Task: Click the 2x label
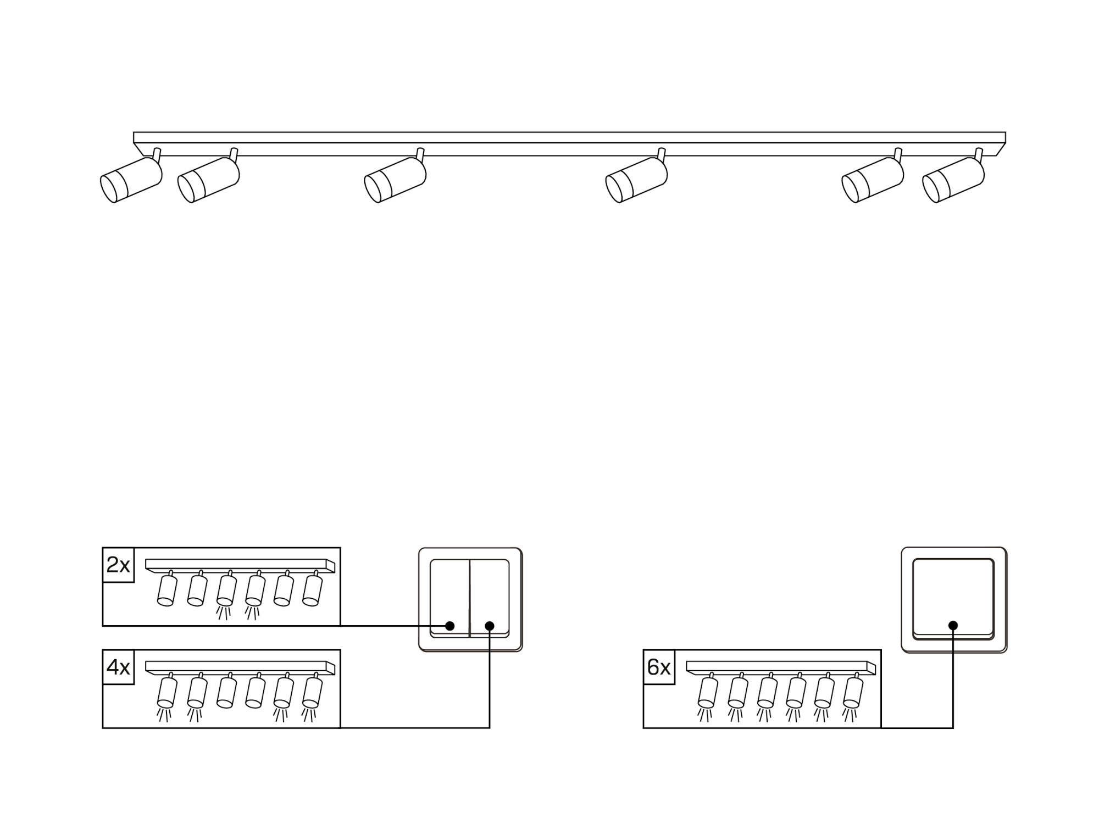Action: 118,565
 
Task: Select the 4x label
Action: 118,667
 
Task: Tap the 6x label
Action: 659,667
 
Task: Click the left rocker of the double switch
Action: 449,598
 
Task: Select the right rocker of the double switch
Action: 490,598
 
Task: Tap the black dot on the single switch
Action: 953,625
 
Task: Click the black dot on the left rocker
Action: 450,626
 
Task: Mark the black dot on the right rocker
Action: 490,626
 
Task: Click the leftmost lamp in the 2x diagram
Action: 167,588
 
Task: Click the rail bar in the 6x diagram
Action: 781,667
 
